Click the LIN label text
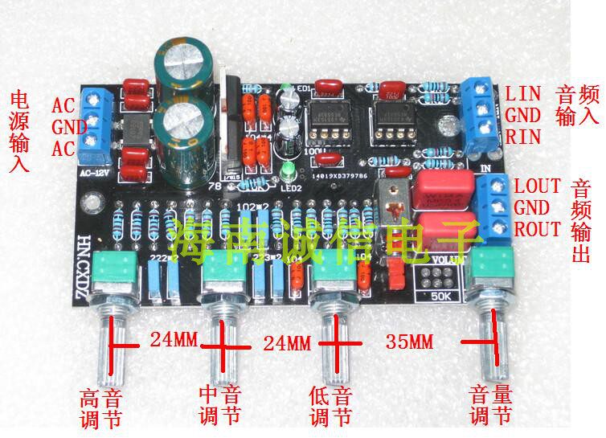coord(523,93)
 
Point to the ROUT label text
coord(538,229)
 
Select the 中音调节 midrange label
coord(219,405)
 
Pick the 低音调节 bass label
coord(330,407)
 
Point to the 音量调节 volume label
coord(491,405)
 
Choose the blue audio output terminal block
coord(493,209)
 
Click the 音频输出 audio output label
coord(580,221)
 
